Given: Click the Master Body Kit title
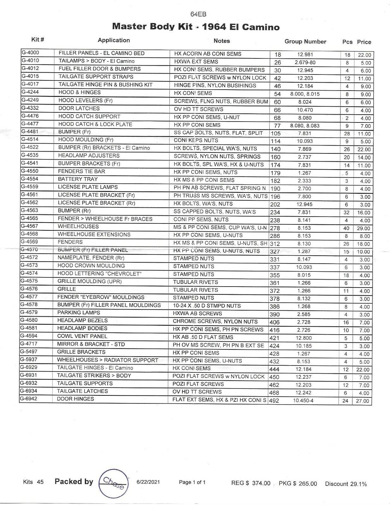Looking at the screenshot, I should [196, 27].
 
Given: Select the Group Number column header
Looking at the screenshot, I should [305, 42].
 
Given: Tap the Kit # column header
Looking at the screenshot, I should [38, 40].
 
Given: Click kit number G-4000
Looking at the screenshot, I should [30, 53].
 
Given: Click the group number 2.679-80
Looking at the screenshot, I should [305, 62].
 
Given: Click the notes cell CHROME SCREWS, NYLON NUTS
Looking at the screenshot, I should [215, 322].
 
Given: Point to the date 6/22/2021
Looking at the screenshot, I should [148, 482].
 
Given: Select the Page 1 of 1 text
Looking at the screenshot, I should [192, 482].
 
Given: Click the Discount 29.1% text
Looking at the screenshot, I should [346, 484].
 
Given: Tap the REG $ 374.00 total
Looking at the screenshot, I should [251, 483].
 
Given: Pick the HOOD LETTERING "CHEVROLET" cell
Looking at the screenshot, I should [99, 274].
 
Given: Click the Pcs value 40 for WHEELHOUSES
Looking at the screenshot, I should [346, 228].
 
